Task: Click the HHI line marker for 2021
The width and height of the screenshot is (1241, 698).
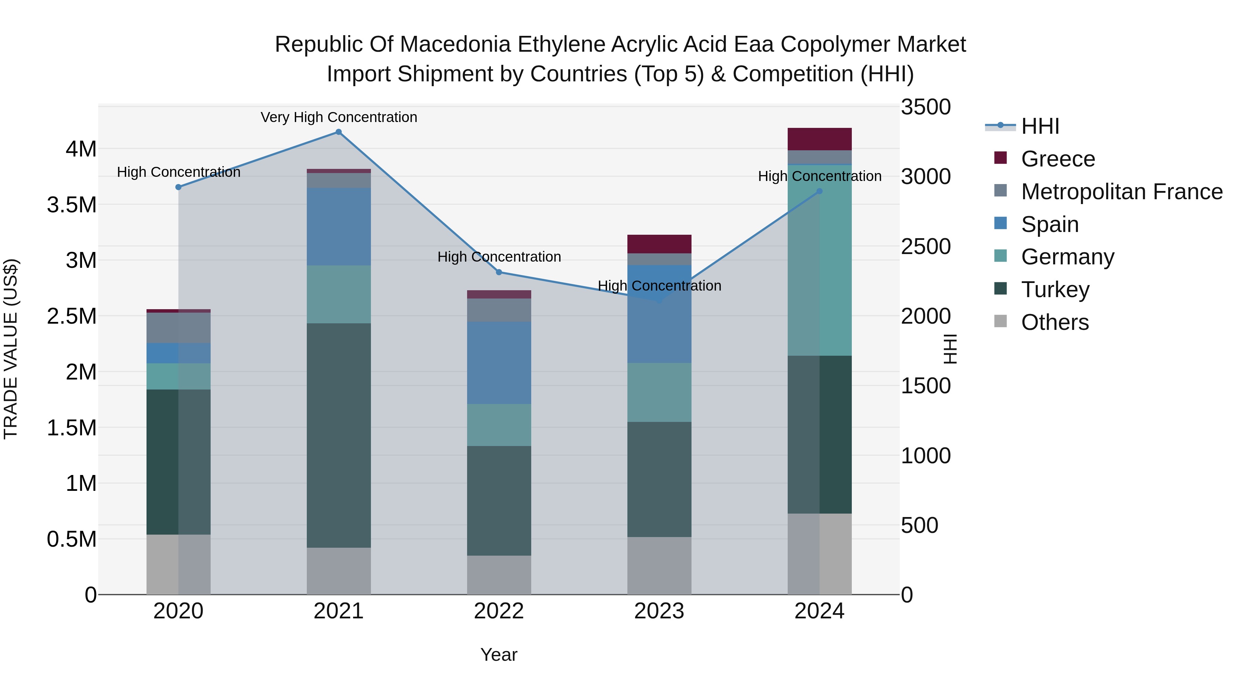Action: click(x=339, y=132)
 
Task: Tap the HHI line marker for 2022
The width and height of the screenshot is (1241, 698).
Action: click(x=499, y=272)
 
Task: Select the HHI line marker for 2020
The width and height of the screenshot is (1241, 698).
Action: click(x=178, y=187)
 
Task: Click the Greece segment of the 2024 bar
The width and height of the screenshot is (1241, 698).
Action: click(x=819, y=139)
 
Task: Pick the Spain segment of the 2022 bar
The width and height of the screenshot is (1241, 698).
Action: click(x=499, y=363)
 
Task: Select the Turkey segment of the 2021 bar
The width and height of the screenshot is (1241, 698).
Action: click(x=339, y=435)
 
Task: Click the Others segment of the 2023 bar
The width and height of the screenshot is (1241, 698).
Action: click(x=659, y=566)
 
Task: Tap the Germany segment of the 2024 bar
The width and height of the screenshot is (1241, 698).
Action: click(x=819, y=260)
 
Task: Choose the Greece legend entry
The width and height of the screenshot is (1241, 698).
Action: click(x=1058, y=159)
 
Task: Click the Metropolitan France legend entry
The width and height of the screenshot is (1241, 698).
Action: click(x=1121, y=192)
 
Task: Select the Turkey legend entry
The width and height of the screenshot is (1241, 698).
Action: click(x=1055, y=290)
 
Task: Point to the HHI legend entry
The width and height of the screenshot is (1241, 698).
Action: click(x=1040, y=126)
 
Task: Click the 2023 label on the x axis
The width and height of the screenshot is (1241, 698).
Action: click(x=659, y=611)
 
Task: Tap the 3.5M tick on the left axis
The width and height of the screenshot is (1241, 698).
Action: click(x=72, y=205)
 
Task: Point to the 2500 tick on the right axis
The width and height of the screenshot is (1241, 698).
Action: click(x=926, y=247)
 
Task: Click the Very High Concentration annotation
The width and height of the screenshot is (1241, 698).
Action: click(x=339, y=117)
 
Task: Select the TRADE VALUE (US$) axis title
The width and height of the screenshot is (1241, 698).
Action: click(x=11, y=349)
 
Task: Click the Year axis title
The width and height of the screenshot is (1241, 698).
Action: click(x=498, y=655)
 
